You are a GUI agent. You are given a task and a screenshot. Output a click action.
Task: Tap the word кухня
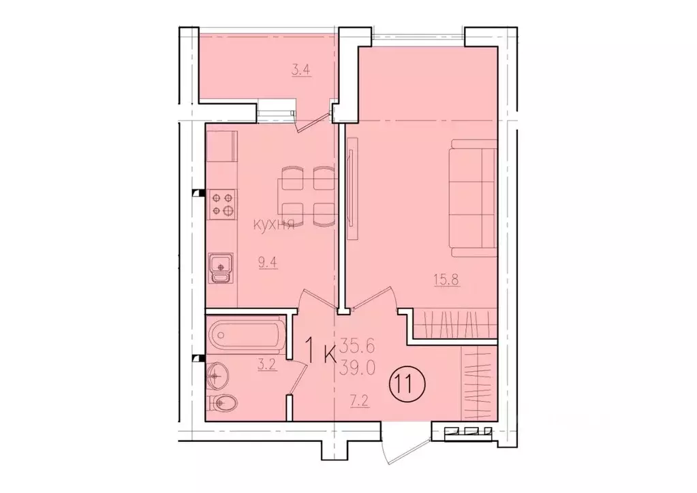pos(275,225)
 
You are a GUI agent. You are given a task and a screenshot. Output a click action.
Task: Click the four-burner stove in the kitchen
pos(222,203)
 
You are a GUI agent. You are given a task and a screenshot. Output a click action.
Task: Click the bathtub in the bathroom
pos(245,334)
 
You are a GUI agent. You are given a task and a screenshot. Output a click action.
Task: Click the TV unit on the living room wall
pos(352,187)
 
